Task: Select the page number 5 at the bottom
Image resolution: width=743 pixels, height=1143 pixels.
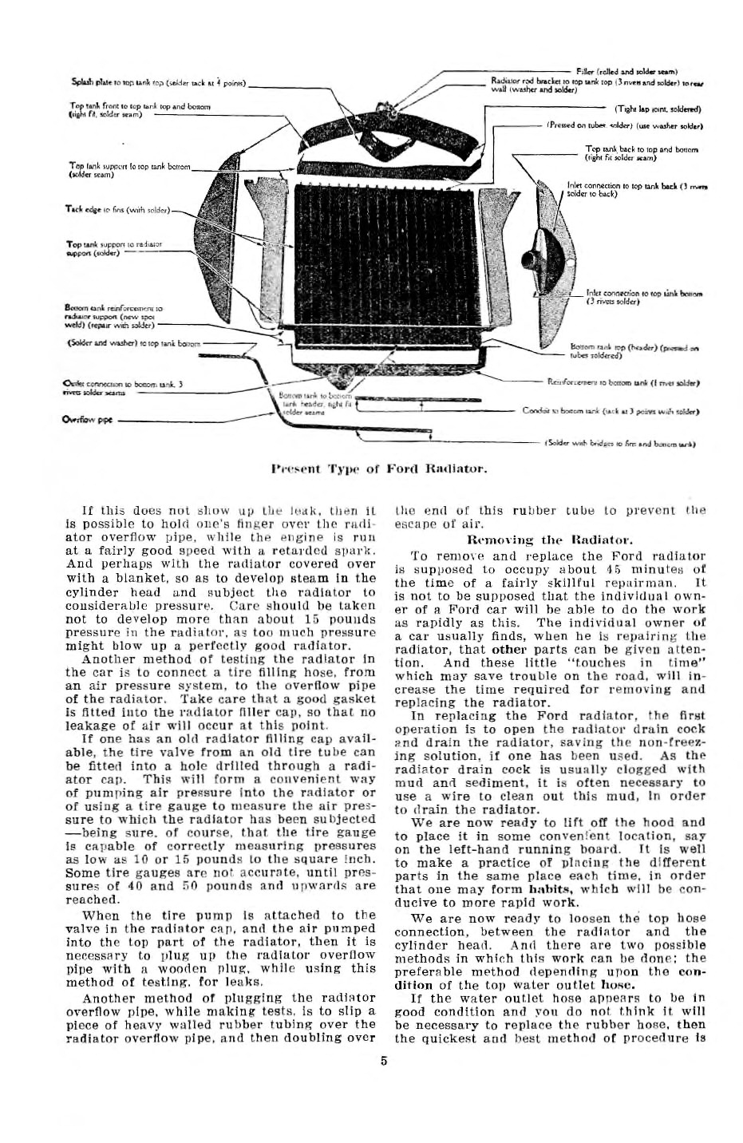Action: pos(384,1062)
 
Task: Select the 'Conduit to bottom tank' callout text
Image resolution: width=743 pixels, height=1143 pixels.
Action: pos(611,411)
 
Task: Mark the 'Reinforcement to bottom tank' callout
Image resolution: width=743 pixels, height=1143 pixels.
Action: pos(622,383)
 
